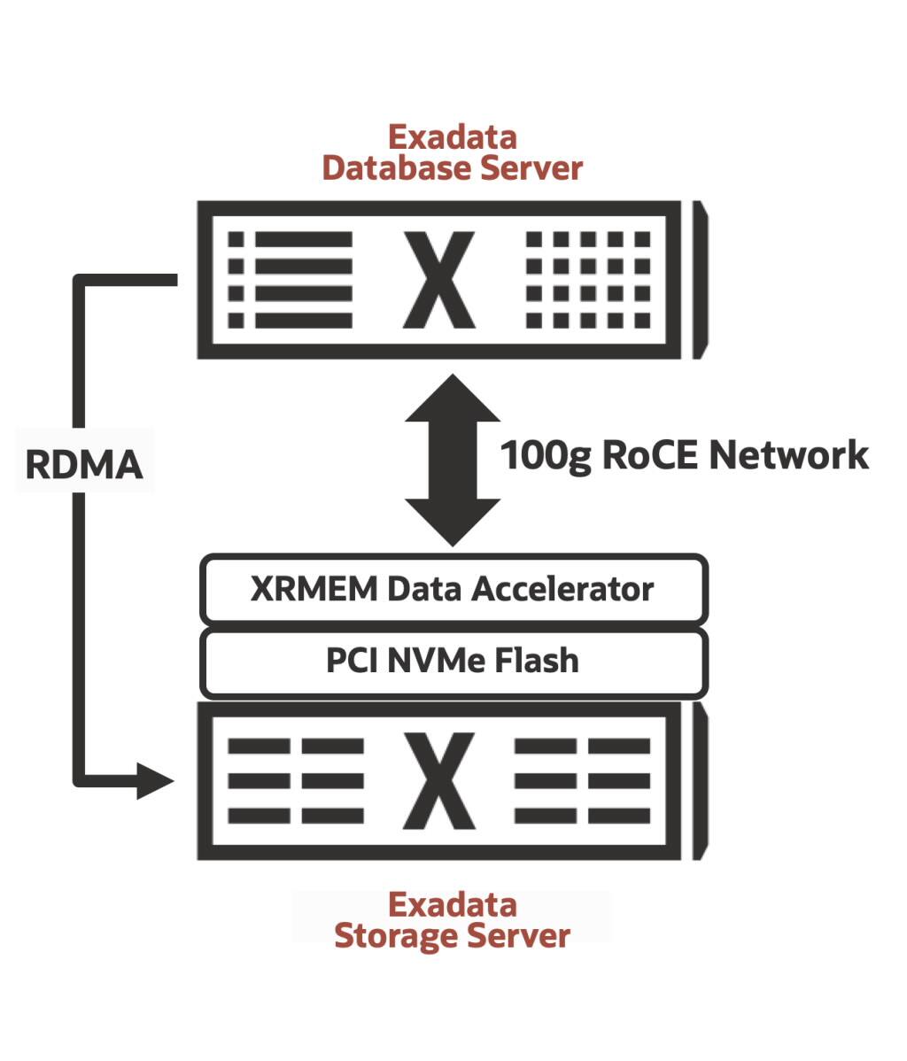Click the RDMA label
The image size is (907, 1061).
coord(84,463)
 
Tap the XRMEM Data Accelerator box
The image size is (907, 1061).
coord(453,589)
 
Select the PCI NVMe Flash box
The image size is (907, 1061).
coord(453,662)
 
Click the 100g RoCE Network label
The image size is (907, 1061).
coord(684,455)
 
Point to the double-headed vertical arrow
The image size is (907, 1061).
coord(453,461)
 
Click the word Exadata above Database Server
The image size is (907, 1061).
coord(453,137)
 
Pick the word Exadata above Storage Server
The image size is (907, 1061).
coord(453,904)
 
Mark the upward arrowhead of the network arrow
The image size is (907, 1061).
coord(453,399)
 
